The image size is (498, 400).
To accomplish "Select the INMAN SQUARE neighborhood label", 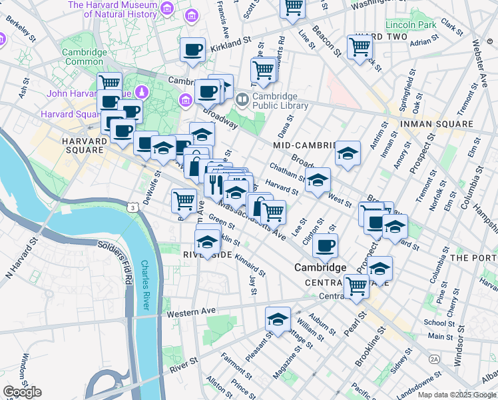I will coord(436,125).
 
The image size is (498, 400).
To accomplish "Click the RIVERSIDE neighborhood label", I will coord(207,255).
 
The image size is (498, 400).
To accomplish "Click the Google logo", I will coord(22,392).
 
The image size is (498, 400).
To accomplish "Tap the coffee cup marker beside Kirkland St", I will coord(193,50).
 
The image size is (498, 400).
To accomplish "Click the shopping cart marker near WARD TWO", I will coord(360,48).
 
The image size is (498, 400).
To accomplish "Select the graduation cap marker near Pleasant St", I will coord(278,319).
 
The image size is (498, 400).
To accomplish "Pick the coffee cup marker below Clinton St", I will coord(325,246).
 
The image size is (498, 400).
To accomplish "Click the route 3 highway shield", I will coord(134,209).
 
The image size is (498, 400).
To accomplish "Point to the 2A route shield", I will coord(435,359).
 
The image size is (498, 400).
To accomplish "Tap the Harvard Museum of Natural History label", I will coord(112,9).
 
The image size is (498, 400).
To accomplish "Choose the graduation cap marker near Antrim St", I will coord(348,155).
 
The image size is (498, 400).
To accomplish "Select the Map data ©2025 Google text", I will coord(457,395).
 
